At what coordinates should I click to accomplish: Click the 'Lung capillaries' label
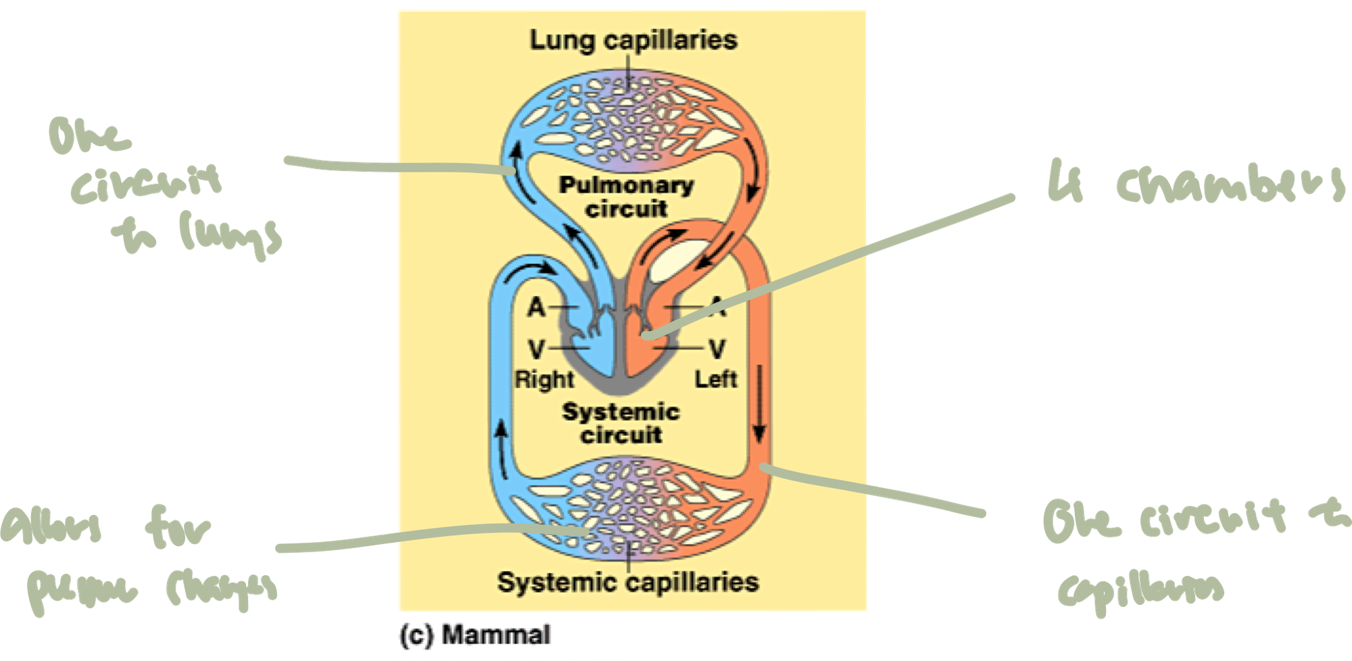(633, 40)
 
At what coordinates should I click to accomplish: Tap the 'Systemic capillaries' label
(627, 582)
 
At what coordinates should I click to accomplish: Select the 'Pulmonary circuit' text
(626, 197)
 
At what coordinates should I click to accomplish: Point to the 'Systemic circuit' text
(621, 423)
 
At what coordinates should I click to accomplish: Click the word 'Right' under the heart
(544, 379)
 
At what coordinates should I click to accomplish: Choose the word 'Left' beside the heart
(716, 379)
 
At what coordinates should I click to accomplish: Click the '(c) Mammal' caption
(475, 635)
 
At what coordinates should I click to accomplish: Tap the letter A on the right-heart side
(536, 308)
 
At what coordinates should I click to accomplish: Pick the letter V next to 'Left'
(717, 349)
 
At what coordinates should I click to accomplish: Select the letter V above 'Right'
(536, 349)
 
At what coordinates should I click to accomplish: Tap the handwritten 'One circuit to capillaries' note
(1190, 554)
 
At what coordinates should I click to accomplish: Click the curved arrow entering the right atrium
(531, 270)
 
